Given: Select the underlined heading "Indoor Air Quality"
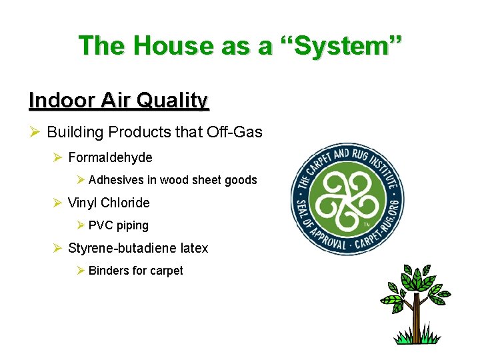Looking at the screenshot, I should [x=119, y=101].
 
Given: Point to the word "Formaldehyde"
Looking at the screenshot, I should [x=110, y=157].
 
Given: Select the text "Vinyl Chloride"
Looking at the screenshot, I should [x=109, y=203].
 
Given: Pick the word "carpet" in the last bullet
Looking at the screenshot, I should [x=167, y=271].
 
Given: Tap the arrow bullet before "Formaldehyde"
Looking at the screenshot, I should [x=57, y=157].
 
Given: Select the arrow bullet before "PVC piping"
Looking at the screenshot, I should [x=80, y=225].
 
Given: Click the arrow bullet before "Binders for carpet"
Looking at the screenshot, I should [x=80, y=271].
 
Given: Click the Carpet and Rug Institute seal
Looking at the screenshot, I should [x=347, y=199].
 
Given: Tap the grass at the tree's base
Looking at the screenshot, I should [x=418, y=339].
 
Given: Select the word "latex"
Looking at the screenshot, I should [x=194, y=248].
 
